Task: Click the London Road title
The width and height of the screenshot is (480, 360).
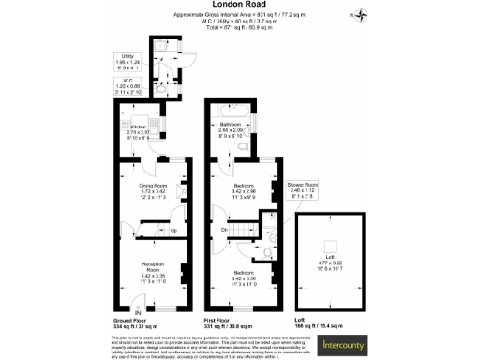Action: point(239,6)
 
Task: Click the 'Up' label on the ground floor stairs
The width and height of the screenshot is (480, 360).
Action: point(173,231)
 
